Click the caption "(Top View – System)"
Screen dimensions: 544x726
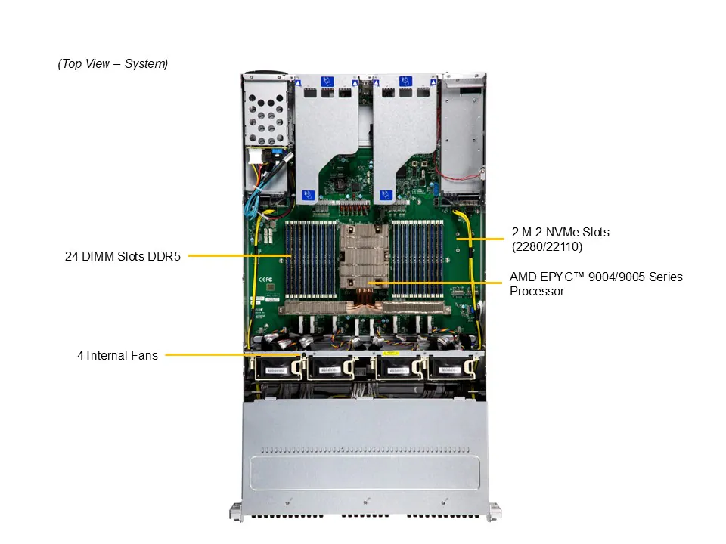(113, 64)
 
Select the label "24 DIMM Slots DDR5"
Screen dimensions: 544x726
(122, 256)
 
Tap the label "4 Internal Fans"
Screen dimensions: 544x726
(117, 354)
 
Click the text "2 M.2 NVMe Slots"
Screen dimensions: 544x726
(560, 232)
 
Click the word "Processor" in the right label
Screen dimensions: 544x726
(536, 291)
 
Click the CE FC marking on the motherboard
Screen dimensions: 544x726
(267, 279)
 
